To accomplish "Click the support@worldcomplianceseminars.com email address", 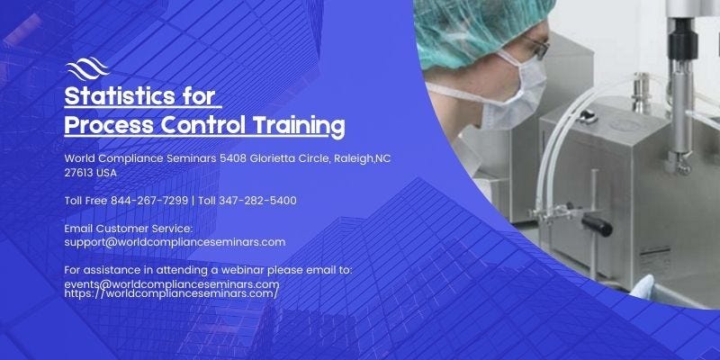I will click(x=175, y=241).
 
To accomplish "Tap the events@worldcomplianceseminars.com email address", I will click(x=171, y=284).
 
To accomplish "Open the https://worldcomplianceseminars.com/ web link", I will click(x=171, y=293).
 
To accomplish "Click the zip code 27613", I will click(x=80, y=172).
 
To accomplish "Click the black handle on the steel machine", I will click(x=595, y=221).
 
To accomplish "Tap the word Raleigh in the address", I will click(x=353, y=158).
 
